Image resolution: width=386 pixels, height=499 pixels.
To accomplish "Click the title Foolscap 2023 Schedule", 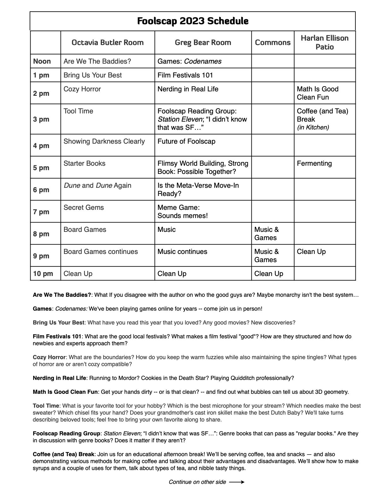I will click(193, 21).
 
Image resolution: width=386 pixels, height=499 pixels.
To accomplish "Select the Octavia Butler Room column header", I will click(108, 43).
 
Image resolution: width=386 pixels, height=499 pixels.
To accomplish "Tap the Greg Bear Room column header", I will click(203, 43).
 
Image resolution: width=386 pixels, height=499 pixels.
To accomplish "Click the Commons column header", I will click(272, 43).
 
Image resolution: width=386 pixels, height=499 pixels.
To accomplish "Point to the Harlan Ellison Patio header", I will click(325, 43).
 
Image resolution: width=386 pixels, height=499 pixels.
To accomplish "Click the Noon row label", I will click(42, 61).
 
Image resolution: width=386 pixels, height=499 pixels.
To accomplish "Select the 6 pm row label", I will click(41, 190).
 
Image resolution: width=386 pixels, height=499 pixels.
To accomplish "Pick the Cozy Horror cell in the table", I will click(82, 89).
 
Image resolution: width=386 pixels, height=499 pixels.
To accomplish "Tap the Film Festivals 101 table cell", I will click(185, 75).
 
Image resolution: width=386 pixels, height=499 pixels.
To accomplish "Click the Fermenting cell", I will click(314, 163).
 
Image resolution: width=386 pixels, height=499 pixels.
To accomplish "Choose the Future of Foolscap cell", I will click(186, 141).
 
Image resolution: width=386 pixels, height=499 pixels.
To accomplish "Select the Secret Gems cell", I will click(84, 208).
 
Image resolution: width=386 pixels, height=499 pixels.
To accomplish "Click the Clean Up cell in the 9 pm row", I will click(311, 252).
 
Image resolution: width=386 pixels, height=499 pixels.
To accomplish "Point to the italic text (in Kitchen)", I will click(313, 128).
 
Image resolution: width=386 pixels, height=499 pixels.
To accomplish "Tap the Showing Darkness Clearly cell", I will click(104, 141).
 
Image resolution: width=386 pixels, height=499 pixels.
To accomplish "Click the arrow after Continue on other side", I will click(237, 482).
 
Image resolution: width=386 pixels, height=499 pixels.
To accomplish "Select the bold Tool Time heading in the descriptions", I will click(46, 406).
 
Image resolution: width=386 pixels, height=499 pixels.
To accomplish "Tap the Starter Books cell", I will click(85, 163).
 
